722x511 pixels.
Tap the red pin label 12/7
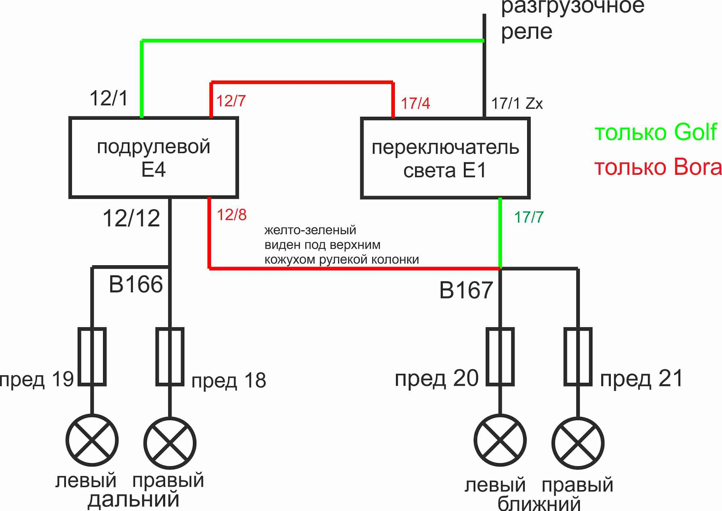(x=231, y=101)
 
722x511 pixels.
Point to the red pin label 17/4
(x=415, y=103)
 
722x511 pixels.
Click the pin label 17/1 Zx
(x=517, y=103)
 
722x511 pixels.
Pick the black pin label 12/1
(x=109, y=98)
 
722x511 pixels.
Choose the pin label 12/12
(x=131, y=218)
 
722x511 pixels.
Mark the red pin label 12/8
(x=232, y=215)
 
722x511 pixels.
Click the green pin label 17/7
(x=529, y=217)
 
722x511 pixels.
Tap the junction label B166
(x=136, y=284)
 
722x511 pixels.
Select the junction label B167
(x=466, y=290)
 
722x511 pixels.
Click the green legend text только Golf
(x=656, y=132)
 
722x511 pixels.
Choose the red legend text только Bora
(x=658, y=167)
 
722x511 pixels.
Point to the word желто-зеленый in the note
(x=310, y=230)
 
